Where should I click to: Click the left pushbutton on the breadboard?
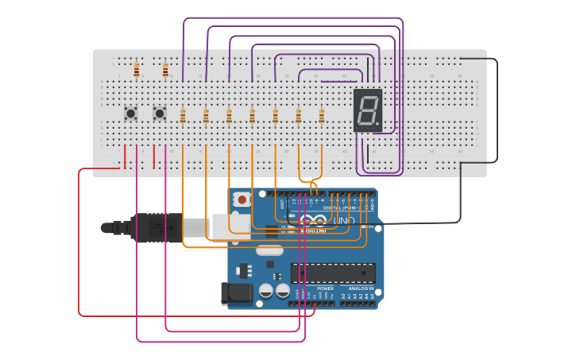130,114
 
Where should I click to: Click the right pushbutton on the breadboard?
159,114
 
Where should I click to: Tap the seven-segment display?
368,110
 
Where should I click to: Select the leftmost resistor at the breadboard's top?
137,71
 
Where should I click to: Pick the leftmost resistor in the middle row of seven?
183,117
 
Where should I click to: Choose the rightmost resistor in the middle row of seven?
322,117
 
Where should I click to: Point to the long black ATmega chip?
332,273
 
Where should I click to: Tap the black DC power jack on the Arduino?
237,293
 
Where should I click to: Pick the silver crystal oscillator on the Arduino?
269,251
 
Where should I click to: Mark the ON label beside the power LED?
369,227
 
